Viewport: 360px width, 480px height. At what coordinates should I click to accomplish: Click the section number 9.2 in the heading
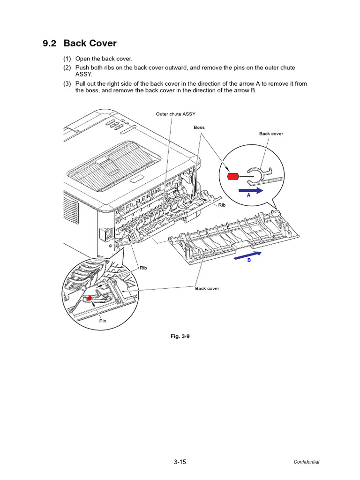49,44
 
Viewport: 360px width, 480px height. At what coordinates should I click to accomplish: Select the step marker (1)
67,59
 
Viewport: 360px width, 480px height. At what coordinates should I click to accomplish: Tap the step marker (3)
67,84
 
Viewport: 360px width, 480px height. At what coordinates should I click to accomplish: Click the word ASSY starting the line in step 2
83,74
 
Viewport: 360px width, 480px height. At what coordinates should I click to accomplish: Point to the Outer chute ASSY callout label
176,114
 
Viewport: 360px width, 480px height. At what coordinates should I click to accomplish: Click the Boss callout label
199,127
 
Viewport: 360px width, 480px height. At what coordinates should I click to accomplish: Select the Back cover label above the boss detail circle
271,134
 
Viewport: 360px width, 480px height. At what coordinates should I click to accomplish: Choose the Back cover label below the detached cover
207,288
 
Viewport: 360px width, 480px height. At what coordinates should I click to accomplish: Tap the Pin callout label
103,322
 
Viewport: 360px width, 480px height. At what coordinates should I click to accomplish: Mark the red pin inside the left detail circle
89,298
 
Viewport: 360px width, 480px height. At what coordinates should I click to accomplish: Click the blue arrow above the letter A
251,191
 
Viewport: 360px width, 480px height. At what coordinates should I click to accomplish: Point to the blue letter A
249,197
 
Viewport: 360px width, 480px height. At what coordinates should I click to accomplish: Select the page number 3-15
180,462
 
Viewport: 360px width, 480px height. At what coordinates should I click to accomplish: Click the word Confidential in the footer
307,462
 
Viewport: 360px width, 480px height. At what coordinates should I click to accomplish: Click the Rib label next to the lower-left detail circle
143,268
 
